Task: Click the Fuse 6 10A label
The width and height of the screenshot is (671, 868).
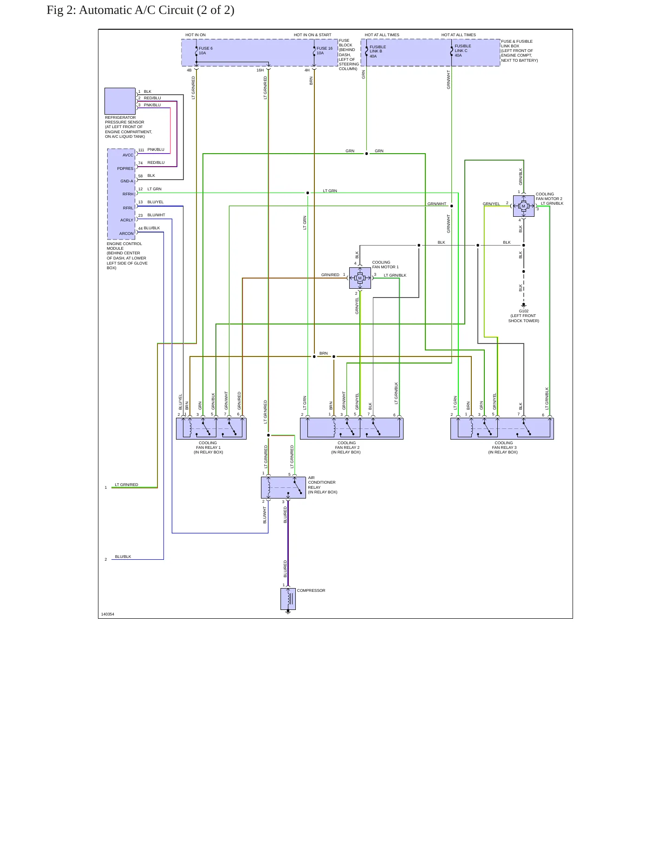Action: (206, 51)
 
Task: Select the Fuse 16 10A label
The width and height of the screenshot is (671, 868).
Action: (325, 51)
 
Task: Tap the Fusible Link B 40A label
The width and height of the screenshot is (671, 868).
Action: (378, 52)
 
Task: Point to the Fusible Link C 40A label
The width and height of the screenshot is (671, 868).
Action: (463, 51)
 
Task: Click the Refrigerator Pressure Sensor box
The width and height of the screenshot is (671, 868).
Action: (120, 101)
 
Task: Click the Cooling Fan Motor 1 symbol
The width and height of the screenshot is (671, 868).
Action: (360, 278)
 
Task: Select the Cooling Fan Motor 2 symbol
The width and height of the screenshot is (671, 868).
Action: (523, 206)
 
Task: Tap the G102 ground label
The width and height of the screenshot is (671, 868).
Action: (523, 316)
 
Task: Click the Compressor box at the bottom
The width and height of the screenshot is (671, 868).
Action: (288, 599)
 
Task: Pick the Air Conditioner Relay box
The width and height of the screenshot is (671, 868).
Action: (283, 487)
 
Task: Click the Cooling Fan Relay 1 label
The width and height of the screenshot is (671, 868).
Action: (208, 447)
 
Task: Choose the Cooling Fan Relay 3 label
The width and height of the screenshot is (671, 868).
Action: (503, 447)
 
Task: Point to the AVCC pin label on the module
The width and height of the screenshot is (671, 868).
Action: (128, 155)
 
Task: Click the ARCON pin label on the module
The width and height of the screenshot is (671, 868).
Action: (126, 233)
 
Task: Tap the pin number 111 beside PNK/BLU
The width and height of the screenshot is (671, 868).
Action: (141, 150)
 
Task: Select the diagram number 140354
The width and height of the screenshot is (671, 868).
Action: (108, 614)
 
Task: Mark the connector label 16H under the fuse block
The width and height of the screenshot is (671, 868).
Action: (260, 70)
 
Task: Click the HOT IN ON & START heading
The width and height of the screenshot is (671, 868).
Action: (313, 35)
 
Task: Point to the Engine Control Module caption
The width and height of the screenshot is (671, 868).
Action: (127, 256)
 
